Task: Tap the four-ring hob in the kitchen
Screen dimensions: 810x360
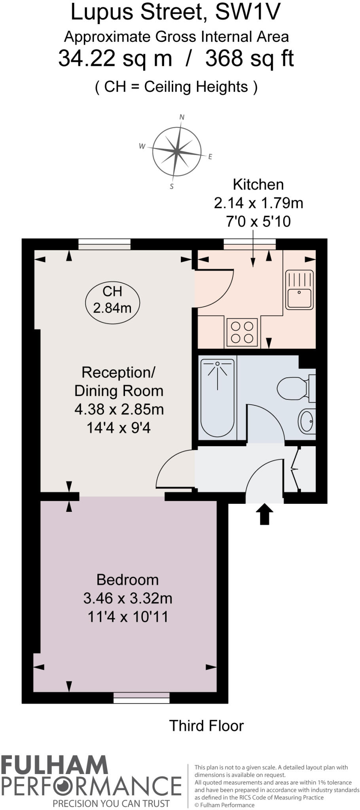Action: (243, 332)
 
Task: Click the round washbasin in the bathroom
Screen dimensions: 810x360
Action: (307, 421)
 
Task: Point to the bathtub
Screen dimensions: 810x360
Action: (217, 397)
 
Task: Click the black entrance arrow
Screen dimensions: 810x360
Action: (264, 514)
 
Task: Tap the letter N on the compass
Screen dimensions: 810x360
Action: (182, 117)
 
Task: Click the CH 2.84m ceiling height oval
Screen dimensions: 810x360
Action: (112, 299)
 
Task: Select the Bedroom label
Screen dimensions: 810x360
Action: (127, 580)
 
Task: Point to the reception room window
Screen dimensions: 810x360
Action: (104, 244)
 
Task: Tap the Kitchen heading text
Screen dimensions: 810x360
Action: (258, 185)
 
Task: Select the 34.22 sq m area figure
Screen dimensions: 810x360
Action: (115, 59)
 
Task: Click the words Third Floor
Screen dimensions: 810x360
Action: (206, 726)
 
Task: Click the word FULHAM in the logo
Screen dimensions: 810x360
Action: (54, 765)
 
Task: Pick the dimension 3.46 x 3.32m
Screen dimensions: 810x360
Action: (128, 598)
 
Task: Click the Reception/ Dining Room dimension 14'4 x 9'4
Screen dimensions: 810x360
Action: (119, 428)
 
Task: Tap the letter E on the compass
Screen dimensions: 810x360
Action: (210, 157)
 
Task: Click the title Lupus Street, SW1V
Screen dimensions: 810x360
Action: (175, 13)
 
